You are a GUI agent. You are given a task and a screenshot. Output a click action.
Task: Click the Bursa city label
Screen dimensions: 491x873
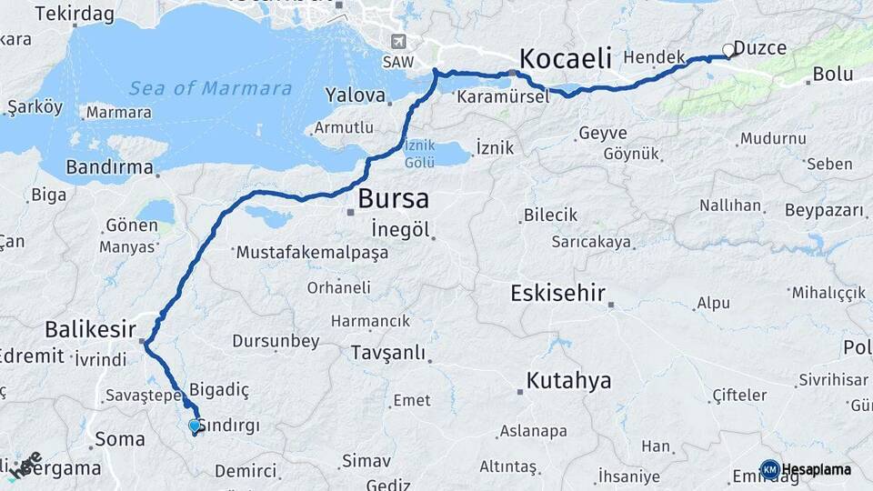click(393, 198)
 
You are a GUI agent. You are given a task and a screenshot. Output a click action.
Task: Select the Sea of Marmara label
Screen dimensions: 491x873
click(210, 89)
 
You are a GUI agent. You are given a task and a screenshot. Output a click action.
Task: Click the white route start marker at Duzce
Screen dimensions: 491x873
click(728, 50)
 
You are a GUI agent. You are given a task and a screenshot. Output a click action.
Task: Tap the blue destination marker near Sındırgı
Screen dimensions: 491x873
click(194, 426)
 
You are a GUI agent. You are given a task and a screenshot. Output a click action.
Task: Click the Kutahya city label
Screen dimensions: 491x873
click(569, 380)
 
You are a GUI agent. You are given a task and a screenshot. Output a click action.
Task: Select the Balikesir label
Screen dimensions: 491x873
click(91, 328)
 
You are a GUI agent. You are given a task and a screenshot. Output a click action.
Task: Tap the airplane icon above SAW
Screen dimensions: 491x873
click(397, 42)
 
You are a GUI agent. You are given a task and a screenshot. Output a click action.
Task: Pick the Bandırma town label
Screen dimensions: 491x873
click(109, 167)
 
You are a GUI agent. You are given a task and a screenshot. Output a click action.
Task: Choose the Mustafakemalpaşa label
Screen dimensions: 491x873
click(312, 253)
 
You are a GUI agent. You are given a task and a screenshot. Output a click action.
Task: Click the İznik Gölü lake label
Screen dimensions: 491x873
click(420, 154)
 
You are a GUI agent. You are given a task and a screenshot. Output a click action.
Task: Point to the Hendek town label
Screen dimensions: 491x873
click(655, 57)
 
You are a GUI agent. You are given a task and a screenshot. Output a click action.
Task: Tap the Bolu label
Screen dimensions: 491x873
click(832, 74)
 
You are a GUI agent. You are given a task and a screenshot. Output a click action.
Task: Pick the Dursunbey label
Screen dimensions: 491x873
click(276, 342)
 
